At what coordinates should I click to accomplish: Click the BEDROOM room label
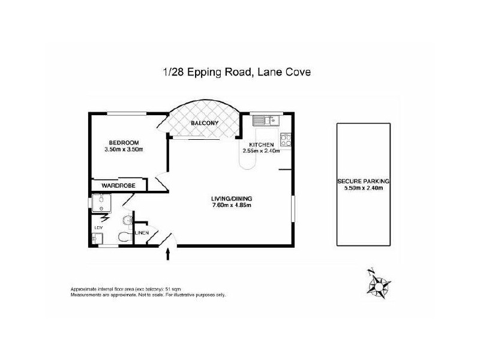point(124,142)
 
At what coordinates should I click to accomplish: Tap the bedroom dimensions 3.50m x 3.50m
point(124,149)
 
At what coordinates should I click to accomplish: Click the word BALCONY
point(204,124)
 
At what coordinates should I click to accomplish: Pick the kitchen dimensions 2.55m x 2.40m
point(262,152)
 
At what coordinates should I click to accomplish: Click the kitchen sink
point(263,120)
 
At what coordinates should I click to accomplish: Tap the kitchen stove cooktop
point(287,140)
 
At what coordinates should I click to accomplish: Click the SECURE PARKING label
point(363,181)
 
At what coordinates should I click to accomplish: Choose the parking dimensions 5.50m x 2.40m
point(363,188)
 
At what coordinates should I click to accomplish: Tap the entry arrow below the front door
point(168,256)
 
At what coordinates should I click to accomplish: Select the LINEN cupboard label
point(142,232)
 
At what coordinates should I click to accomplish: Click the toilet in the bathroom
point(124,237)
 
